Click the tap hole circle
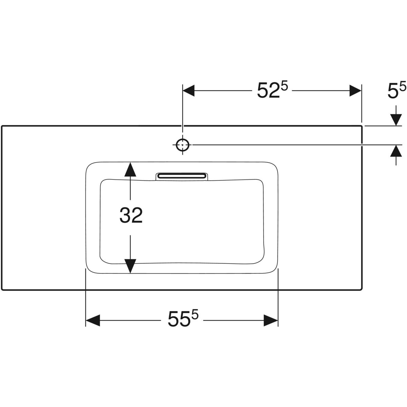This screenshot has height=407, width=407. [183, 145]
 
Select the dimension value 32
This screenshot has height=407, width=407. [131, 216]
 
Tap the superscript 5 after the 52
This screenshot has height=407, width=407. [284, 87]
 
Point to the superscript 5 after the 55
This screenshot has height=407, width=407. [194, 315]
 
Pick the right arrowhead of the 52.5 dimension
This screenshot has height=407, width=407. [355, 91]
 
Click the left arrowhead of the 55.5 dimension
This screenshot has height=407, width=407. [93, 320]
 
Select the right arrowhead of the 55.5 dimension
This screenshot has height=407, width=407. [271, 320]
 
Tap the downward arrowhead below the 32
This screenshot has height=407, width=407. [130, 266]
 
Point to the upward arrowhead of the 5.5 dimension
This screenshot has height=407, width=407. [396, 151]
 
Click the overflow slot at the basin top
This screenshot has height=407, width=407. [182, 176]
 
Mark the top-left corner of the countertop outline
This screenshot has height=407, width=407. [2, 126]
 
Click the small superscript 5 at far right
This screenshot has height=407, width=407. [402, 87]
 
